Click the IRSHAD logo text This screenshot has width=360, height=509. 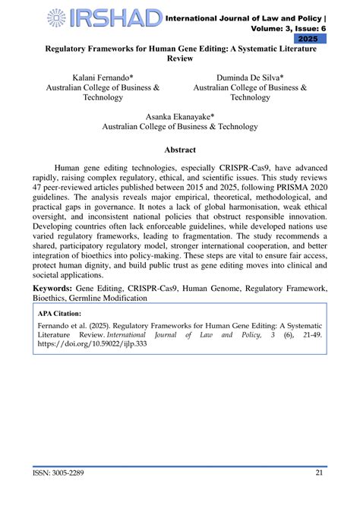114,18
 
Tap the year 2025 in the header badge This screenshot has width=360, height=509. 308,38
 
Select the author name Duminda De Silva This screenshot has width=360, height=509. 250,78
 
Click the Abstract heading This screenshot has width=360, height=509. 180,150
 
